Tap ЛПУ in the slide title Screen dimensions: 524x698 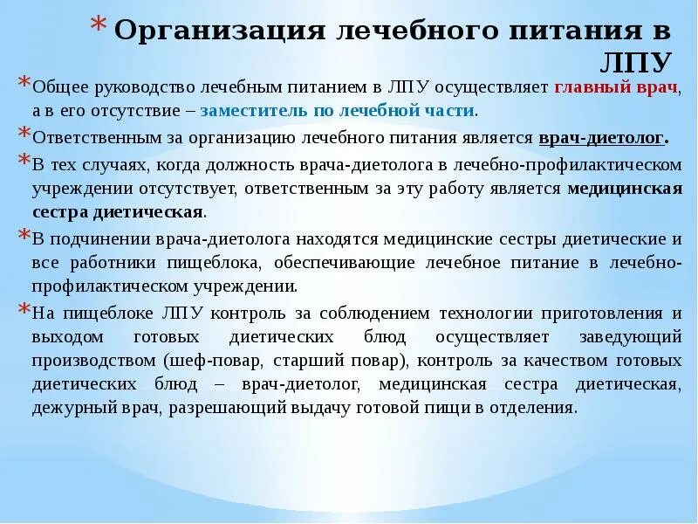(x=637, y=63)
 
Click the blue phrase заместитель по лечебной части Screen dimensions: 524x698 (x=337, y=111)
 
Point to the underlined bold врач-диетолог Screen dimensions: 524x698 (x=603, y=137)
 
